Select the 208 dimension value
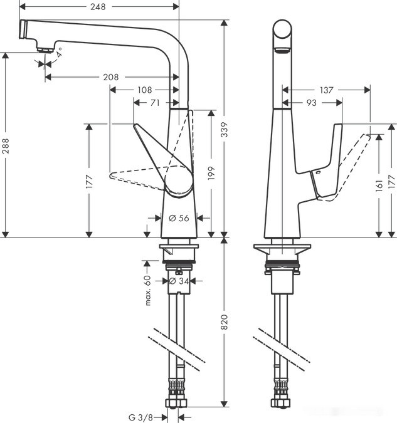pyautogui.click(x=110, y=77)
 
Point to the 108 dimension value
pyautogui.click(x=144, y=90)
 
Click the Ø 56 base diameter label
pyautogui.click(x=179, y=217)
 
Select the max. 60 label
pyautogui.click(x=149, y=290)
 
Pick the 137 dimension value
pyautogui.click(x=327, y=90)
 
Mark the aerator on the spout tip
pyautogui.click(x=44, y=50)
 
